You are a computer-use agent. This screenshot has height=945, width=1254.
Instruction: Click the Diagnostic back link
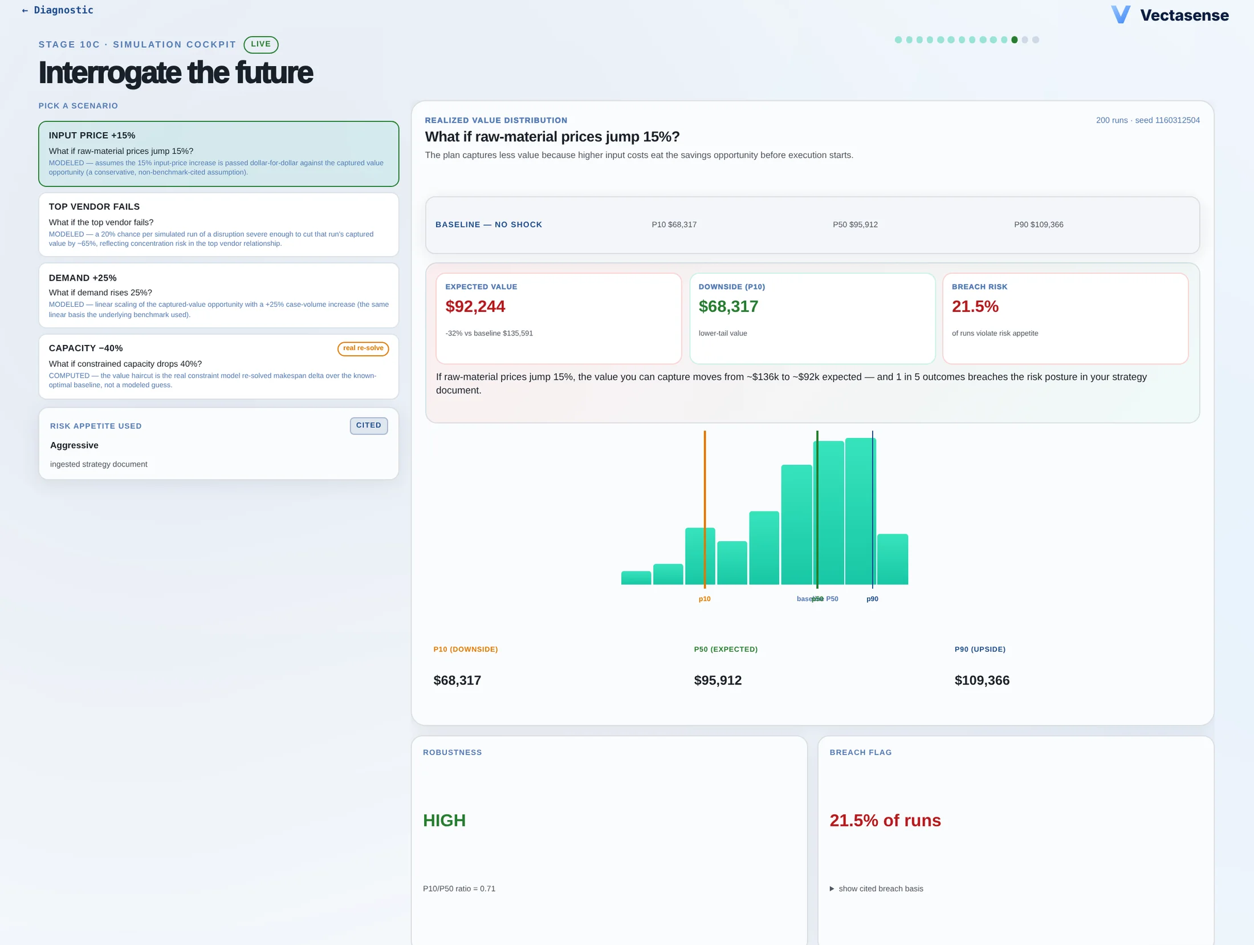57,10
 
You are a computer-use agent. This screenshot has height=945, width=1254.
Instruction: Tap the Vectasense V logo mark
1121,15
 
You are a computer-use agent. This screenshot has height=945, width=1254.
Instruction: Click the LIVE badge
261,44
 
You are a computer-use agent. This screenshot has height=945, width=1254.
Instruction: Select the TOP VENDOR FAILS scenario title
94,206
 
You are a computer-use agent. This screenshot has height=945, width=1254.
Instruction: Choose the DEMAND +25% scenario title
83,278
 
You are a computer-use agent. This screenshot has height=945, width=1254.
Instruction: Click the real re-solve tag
363,348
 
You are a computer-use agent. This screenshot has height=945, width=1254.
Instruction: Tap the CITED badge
369,425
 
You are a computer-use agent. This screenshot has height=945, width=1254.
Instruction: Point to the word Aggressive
74,445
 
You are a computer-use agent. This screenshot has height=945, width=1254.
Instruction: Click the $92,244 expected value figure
475,307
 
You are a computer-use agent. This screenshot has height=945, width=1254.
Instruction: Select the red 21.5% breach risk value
975,307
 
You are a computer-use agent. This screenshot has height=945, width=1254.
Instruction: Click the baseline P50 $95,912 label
855,225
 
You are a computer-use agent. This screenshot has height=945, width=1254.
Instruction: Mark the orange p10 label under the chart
705,599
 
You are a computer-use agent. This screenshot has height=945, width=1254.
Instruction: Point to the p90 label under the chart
872,599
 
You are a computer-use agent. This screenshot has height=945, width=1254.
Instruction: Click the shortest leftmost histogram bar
636,578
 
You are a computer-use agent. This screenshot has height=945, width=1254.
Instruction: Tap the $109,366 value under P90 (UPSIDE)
982,680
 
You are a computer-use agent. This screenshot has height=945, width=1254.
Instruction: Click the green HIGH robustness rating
445,821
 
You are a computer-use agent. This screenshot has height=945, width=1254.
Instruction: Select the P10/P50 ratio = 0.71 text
459,889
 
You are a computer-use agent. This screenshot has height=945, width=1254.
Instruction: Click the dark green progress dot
1015,40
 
